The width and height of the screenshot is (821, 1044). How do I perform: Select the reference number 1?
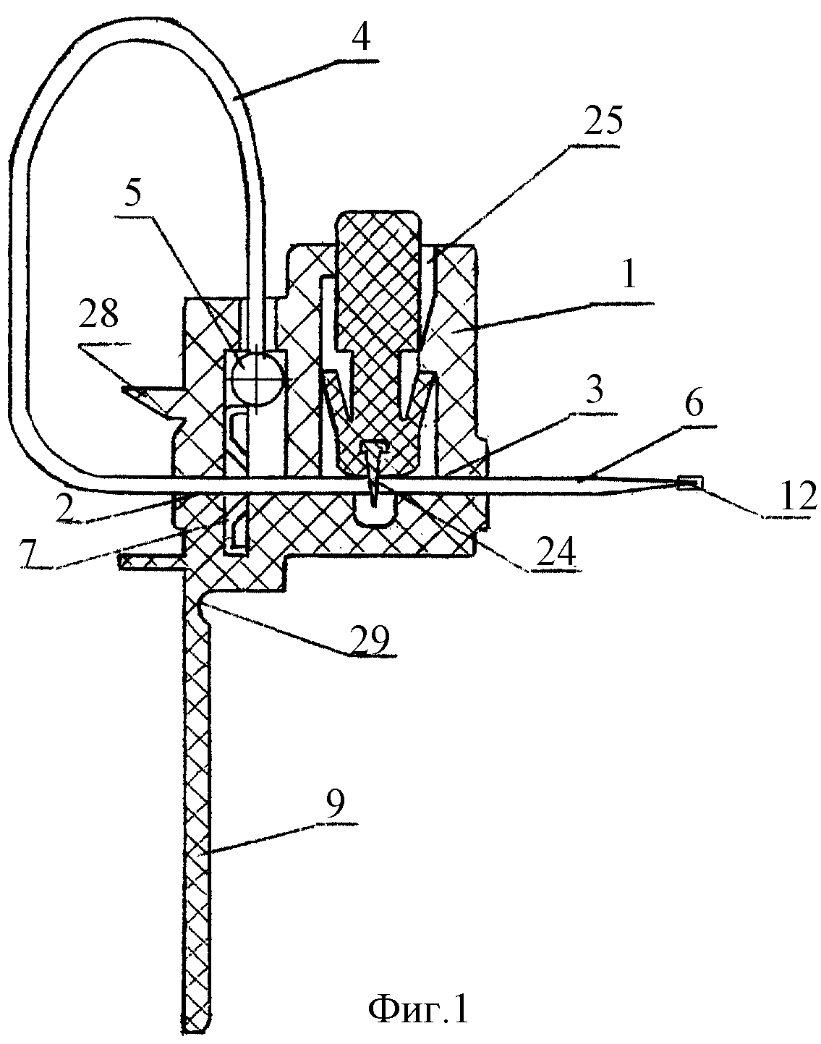[x=629, y=276]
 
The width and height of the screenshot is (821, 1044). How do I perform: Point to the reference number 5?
[x=132, y=194]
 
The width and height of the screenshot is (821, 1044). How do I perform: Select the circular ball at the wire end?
[x=256, y=378]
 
